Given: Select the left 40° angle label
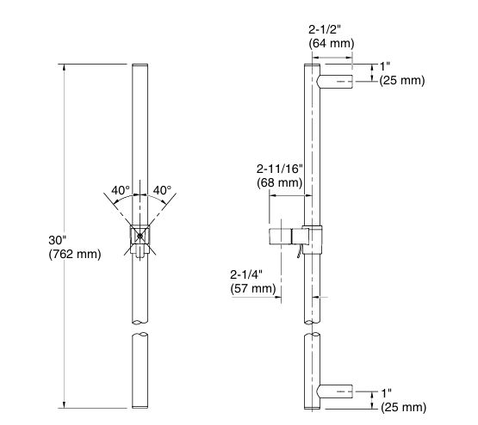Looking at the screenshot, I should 121,190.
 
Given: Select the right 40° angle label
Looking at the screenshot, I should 162,190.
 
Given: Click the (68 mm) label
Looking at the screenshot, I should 280,182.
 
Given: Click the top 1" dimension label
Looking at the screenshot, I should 386,66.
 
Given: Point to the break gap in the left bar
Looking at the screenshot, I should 140,328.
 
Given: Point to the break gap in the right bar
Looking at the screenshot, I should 312,328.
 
